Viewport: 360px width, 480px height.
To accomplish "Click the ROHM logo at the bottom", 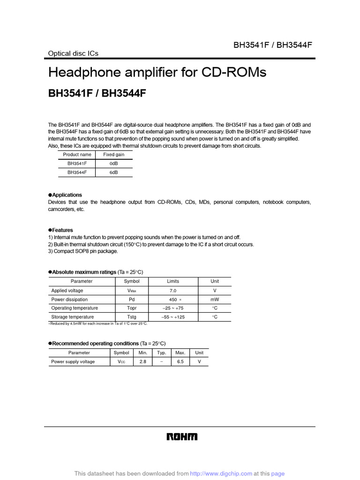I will point(182,437).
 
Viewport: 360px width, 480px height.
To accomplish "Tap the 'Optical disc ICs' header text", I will point(73,53).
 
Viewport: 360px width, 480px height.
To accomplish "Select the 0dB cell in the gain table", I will point(113,164).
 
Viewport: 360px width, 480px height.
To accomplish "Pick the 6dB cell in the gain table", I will point(113,172).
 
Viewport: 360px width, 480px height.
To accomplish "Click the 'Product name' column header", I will point(77,155).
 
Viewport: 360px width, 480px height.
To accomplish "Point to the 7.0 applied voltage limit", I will point(172,291).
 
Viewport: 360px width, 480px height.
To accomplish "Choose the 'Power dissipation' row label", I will point(69,300).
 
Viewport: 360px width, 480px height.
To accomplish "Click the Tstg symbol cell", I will point(132,317).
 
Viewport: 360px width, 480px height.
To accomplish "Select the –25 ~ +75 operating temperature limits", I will point(172,308).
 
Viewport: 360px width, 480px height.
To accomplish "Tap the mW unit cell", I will point(215,300).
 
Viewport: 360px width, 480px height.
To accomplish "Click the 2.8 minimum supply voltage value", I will point(143,362).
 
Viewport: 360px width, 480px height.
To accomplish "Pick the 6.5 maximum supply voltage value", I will point(180,362).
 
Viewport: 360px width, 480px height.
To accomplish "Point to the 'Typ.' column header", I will point(162,352).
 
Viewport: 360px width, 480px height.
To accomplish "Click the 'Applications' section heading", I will point(67,195).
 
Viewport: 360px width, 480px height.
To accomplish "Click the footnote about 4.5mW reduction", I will point(97,324).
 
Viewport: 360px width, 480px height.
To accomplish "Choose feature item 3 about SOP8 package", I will point(83,251).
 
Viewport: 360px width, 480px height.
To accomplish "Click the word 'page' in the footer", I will point(277,474).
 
